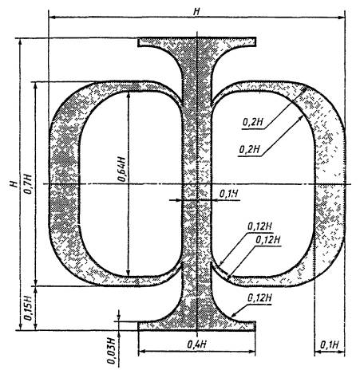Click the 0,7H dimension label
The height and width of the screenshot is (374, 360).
pos(29,184)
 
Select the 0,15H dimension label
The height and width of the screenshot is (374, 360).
pos(29,308)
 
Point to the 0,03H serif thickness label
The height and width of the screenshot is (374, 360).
pos(112,351)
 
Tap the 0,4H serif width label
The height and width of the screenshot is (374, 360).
pos(197,344)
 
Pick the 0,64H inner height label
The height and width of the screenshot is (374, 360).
pos(121,169)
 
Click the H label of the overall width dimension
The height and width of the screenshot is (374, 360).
pos(197,12)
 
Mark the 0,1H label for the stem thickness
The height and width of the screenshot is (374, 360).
pos(228,194)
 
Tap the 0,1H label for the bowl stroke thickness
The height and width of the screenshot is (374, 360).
pos(329,345)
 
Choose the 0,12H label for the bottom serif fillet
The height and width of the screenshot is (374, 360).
pos(259,298)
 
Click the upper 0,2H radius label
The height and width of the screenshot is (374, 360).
pos(252,122)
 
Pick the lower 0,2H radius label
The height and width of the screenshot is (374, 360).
pos(249,149)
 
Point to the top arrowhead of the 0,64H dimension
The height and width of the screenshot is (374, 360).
pos(129,95)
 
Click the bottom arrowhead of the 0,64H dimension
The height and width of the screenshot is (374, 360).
pos(129,273)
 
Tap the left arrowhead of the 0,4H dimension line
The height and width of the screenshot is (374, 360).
pos(142,352)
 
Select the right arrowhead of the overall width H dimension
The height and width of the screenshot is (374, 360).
pos(342,18)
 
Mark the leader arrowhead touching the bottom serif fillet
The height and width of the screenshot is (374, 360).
pos(235,314)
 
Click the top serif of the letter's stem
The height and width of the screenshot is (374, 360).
pos(197,42)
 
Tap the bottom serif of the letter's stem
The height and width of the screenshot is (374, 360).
pos(197,326)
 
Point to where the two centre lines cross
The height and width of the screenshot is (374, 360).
pos(197,184)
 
